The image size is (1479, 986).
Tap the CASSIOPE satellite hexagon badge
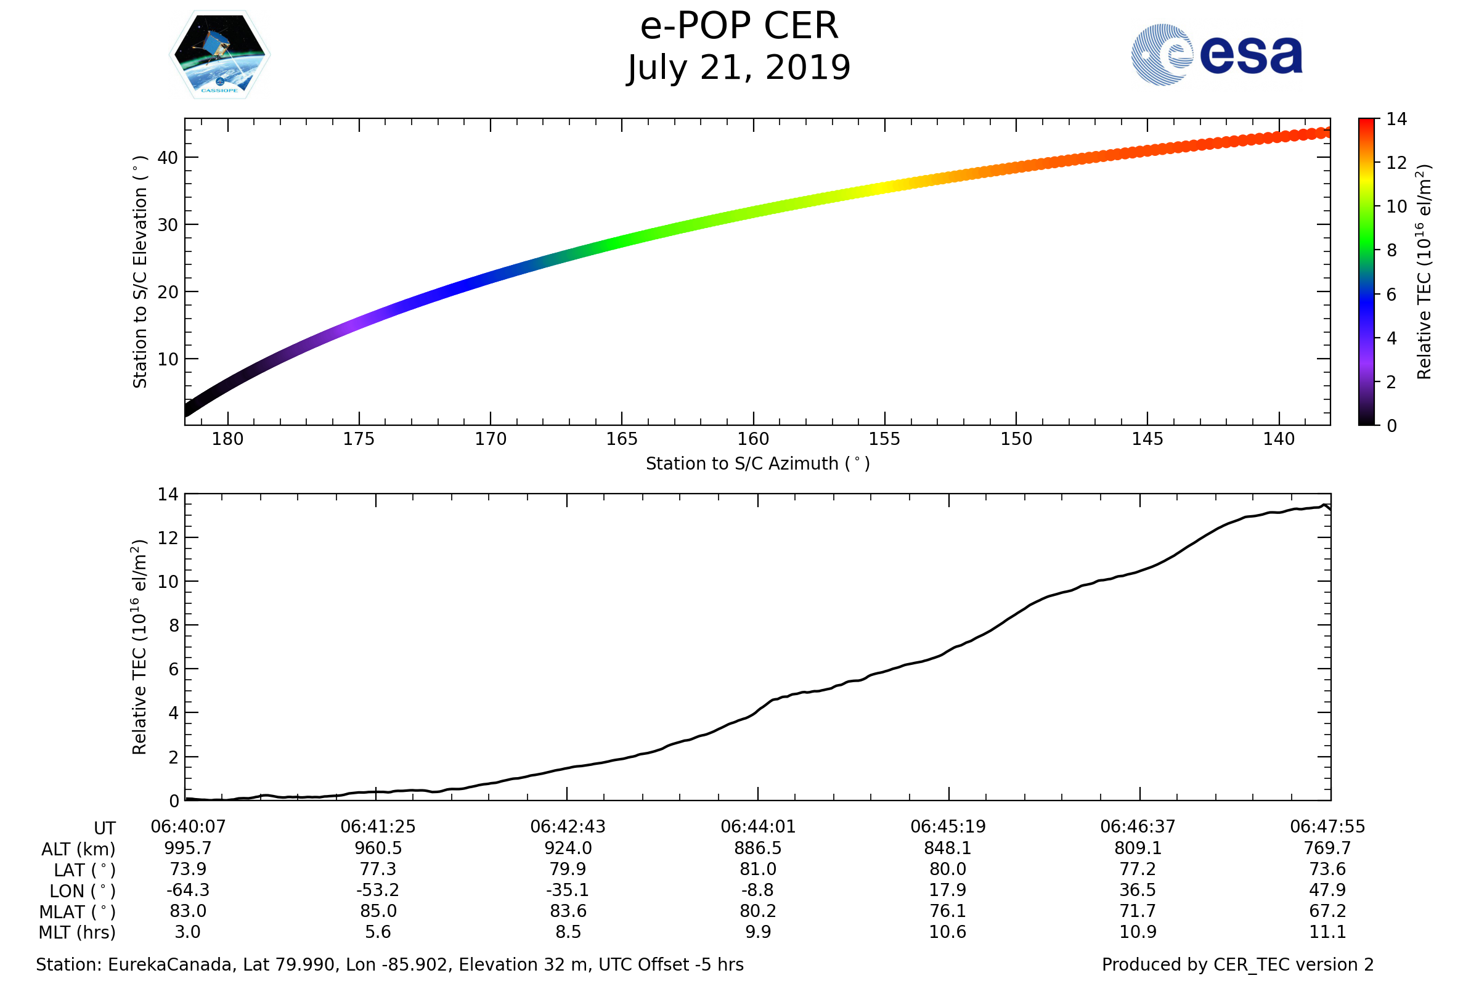[219, 55]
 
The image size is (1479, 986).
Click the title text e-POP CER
[739, 26]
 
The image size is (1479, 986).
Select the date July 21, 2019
[739, 67]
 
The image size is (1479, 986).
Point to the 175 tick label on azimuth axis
[359, 439]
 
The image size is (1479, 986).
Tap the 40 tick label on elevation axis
[168, 158]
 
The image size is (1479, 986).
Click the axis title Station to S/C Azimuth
[758, 464]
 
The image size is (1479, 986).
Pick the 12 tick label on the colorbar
[1396, 163]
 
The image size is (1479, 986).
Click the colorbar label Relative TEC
[1424, 272]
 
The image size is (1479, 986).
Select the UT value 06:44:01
[758, 827]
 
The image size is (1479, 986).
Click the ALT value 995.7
[187, 849]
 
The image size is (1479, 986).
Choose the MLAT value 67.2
[1327, 911]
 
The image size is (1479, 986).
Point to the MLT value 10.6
[948, 932]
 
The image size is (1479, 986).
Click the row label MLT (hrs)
[78, 932]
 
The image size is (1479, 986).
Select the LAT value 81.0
[758, 869]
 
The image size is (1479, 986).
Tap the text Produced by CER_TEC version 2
[1237, 964]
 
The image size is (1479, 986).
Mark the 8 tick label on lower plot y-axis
[174, 625]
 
